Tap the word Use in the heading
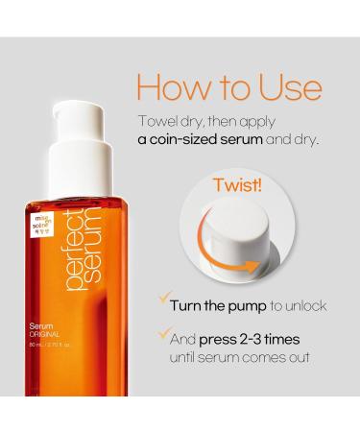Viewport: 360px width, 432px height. click(x=284, y=85)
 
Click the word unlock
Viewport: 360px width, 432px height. click(x=303, y=305)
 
